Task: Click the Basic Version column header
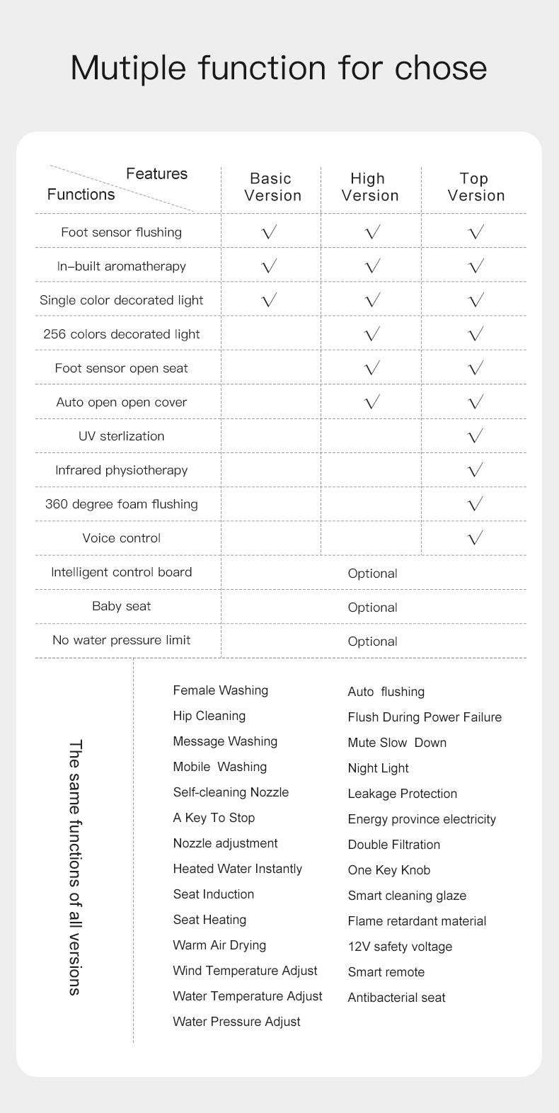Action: [272, 187]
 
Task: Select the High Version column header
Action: [369, 187]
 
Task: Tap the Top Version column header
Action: [476, 187]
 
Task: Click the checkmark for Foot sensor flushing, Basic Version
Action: [269, 232]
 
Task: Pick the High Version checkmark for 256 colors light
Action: [372, 333]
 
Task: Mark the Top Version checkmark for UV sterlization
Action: [476, 435]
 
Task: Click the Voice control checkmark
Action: [476, 537]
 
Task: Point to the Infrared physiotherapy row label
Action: [122, 470]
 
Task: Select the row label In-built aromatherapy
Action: [122, 266]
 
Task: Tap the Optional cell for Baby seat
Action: [372, 607]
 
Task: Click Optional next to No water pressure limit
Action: [372, 641]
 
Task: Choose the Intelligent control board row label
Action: [122, 572]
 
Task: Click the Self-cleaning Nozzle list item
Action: [231, 792]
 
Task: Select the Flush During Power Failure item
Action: [425, 717]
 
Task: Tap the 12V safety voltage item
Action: [400, 947]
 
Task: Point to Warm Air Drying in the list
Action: [219, 945]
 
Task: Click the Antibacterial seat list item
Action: [396, 998]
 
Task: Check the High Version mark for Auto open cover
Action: [372, 401]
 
